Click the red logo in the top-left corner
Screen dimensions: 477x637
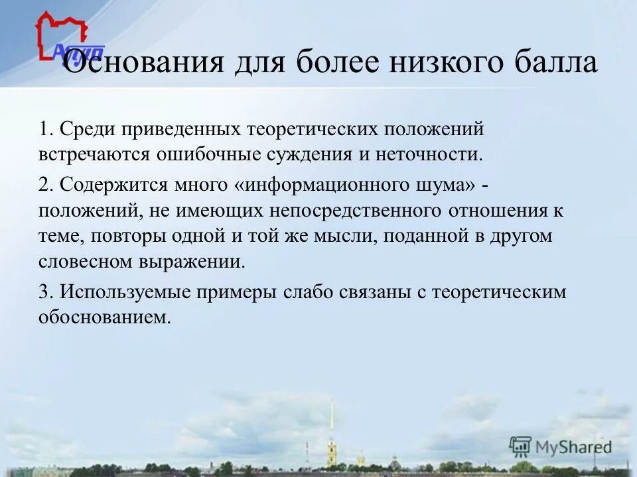pyautogui.click(x=62, y=37)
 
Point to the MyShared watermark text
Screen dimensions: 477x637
pyautogui.click(x=573, y=447)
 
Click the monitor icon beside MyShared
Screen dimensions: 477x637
pyautogui.click(x=520, y=447)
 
